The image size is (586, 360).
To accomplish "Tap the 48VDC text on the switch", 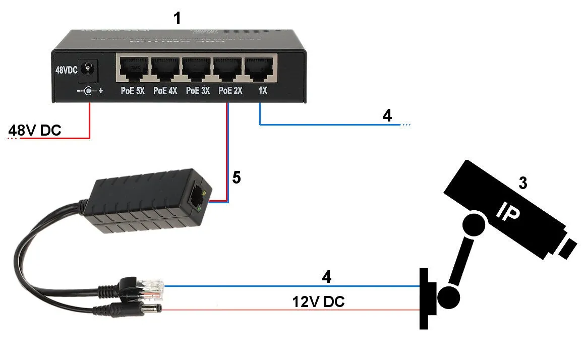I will pos(66,70).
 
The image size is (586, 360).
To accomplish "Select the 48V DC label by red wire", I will pos(35,131).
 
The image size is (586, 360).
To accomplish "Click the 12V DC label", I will pos(319,302).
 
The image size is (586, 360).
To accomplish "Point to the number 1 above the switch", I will pos(177,19).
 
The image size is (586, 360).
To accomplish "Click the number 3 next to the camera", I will pos(523,183).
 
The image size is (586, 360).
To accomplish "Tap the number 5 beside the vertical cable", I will pos(237,177).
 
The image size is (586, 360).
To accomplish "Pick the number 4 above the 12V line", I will pos(327,277).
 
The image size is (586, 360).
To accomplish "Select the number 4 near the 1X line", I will pos(387,115).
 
